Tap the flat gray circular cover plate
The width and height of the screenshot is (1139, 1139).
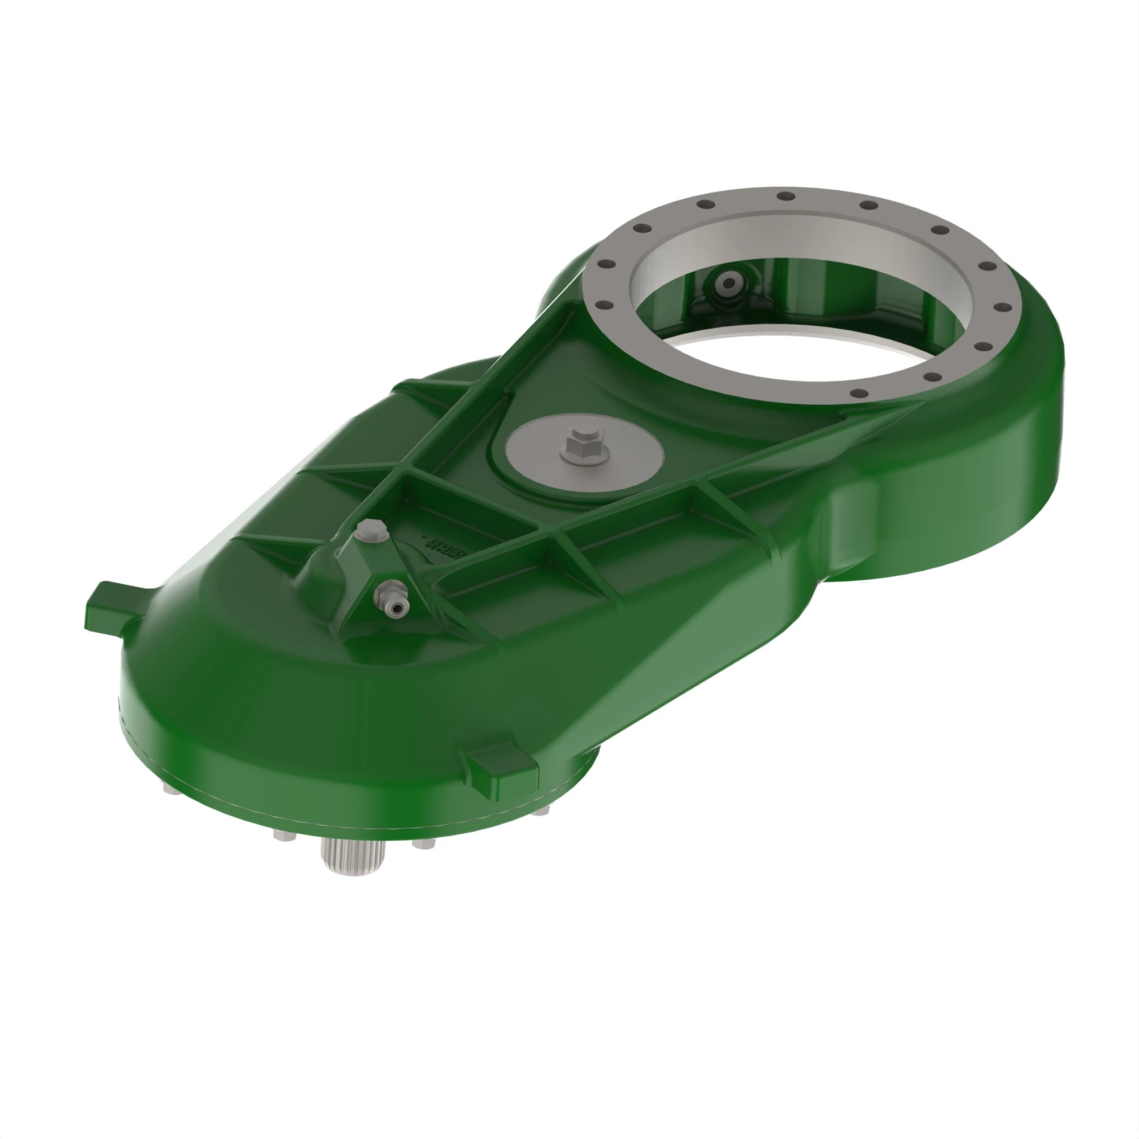[625, 466]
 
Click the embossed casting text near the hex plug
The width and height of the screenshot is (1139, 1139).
[446, 548]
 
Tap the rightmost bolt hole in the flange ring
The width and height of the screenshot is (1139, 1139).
[1001, 306]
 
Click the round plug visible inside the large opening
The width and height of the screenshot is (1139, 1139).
[729, 284]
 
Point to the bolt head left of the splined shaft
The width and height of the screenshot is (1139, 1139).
[284, 835]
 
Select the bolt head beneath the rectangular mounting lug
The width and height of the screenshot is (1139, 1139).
[540, 811]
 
